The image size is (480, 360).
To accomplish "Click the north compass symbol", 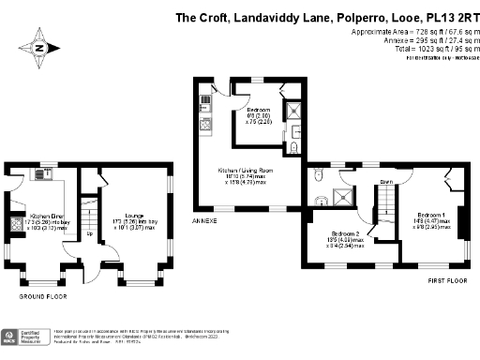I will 39,47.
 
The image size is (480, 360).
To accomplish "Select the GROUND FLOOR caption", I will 45,296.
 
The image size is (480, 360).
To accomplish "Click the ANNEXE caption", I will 204,221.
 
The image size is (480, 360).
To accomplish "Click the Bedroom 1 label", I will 430,215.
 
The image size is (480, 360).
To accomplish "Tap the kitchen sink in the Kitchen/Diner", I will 42,174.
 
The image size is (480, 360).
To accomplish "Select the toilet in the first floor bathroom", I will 321,198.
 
